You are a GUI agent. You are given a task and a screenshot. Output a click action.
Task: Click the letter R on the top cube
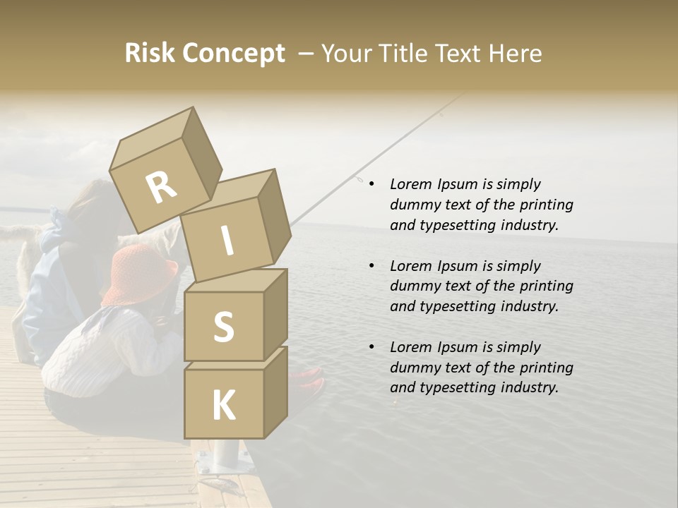point(161,188)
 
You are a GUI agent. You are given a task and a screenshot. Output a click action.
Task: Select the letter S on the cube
point(223,327)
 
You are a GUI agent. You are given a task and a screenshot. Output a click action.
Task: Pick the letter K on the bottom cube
point(223,405)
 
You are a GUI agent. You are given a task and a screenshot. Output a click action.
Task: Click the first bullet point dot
point(371,184)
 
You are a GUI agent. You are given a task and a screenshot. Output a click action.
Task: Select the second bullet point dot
point(371,266)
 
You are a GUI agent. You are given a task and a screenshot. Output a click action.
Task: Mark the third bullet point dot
point(371,347)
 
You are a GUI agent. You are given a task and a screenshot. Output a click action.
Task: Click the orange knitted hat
point(141,272)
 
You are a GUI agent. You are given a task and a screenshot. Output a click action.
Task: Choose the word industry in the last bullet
point(528,387)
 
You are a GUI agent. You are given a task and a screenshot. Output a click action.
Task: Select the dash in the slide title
point(306,54)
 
